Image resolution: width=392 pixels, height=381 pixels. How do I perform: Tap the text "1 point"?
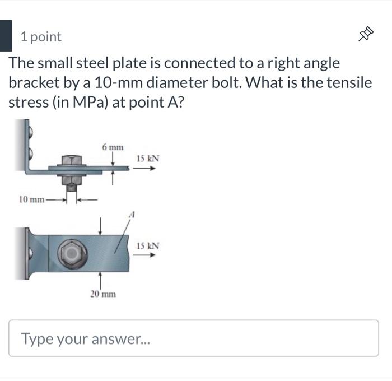tap(41, 37)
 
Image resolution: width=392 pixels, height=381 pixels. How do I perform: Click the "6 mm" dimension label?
tap(113, 147)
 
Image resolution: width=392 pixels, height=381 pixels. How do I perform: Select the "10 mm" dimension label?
tap(31, 199)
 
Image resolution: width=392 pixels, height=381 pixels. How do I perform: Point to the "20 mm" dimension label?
tap(103, 294)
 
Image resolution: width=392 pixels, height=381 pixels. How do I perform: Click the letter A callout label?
tap(133, 213)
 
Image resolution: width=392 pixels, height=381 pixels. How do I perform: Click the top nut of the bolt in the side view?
tap(72, 160)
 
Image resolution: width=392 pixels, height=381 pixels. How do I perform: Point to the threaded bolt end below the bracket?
tap(72, 194)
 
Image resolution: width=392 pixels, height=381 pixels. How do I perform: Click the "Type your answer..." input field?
tap(194, 338)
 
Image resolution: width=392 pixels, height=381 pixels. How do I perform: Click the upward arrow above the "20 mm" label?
tap(100, 279)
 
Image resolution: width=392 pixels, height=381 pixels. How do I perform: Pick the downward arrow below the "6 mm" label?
tap(113, 159)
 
